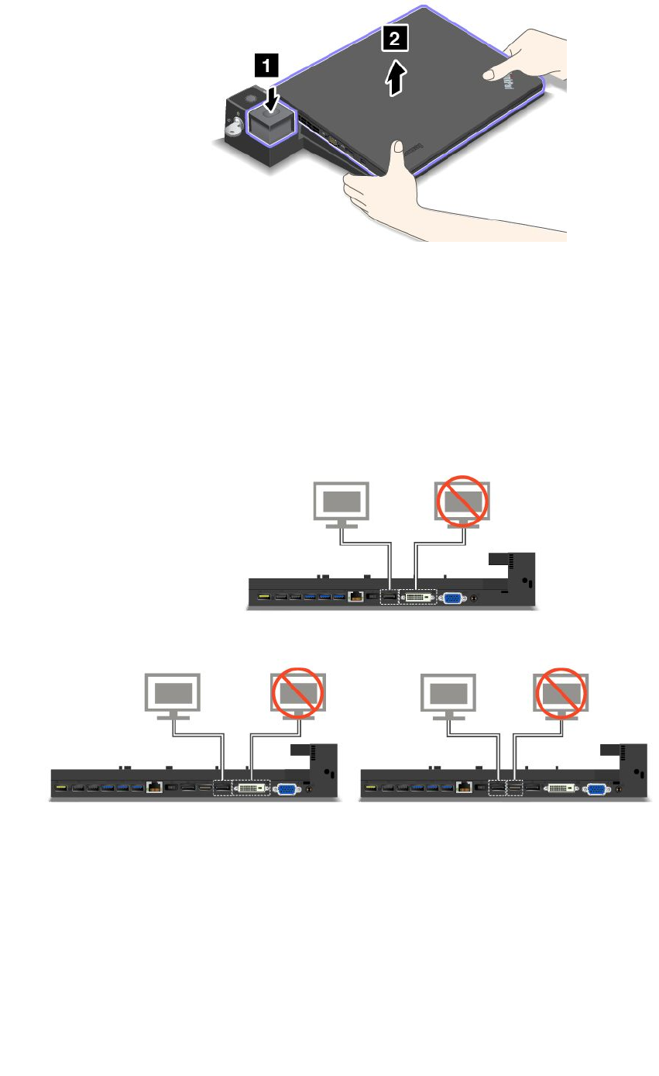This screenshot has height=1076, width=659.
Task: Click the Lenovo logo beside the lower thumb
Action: (414, 148)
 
